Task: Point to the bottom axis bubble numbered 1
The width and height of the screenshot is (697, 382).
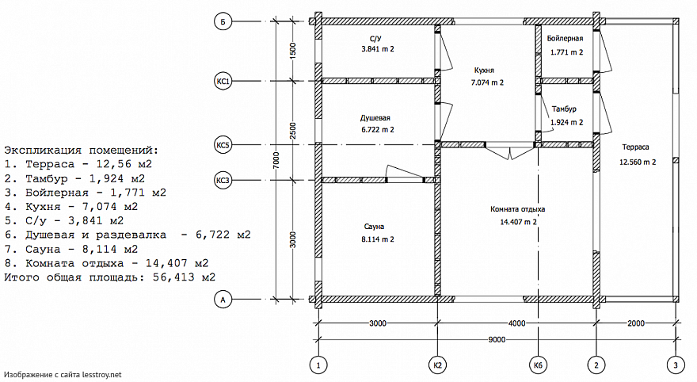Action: [318, 365]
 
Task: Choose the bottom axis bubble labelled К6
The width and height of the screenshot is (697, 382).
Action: [539, 365]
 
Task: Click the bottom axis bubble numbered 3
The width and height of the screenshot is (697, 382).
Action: [675, 365]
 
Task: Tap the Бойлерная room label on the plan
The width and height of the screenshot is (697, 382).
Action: [566, 38]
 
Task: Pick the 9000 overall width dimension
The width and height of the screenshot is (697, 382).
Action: [497, 340]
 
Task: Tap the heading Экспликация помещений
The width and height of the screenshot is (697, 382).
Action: [81, 149]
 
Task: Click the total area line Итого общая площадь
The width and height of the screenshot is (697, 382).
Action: [109, 277]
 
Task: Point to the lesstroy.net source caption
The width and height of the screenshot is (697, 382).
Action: [63, 373]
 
